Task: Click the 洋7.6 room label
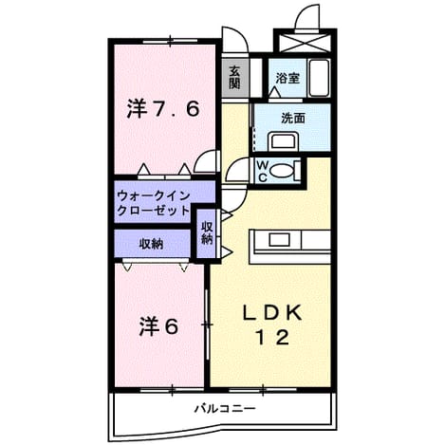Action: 163,109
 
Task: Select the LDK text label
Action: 272,313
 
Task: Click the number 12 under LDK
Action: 272,338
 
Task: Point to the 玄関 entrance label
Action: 234,77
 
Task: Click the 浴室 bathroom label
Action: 287,78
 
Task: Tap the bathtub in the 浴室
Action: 319,78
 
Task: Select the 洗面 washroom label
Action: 293,118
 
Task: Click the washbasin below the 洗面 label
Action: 283,142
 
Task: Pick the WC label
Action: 262,171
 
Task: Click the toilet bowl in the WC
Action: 282,171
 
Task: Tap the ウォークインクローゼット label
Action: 153,203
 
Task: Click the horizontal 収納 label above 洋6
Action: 152,244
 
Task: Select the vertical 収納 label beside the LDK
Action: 207,232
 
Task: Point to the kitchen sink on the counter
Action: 280,240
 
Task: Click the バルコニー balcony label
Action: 224,409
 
